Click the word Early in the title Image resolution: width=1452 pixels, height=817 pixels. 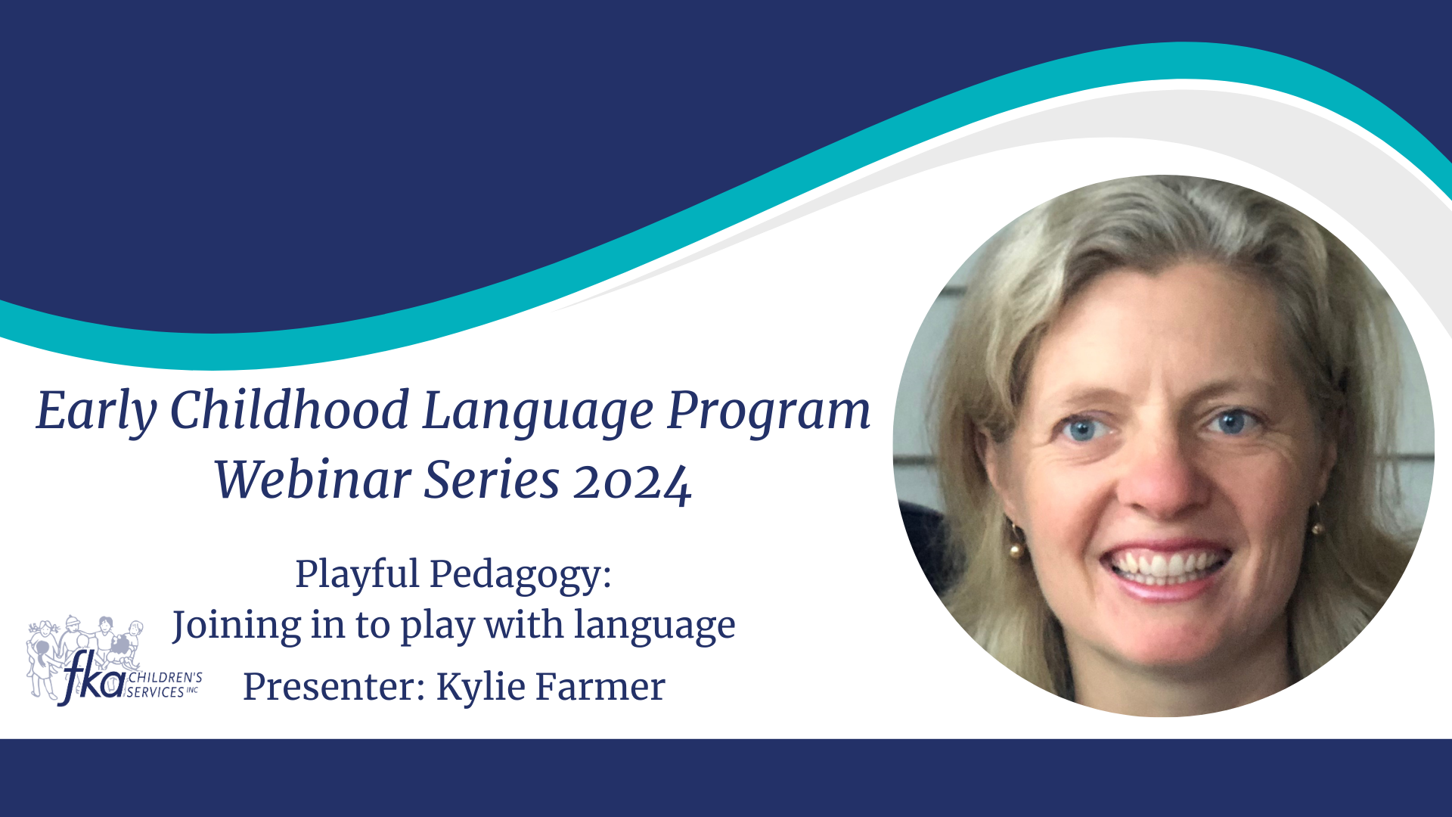coord(96,412)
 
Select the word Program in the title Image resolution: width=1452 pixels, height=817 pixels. coord(768,412)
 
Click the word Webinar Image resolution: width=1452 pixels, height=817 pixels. coord(312,480)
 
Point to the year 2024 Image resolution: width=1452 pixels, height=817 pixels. coord(632,483)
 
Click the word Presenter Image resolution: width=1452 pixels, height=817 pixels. coord(334,687)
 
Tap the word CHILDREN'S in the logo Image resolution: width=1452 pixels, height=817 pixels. coord(165,678)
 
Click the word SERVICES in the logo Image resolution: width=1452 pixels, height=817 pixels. coord(156,692)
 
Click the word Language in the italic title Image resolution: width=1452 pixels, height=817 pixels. coord(538,412)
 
